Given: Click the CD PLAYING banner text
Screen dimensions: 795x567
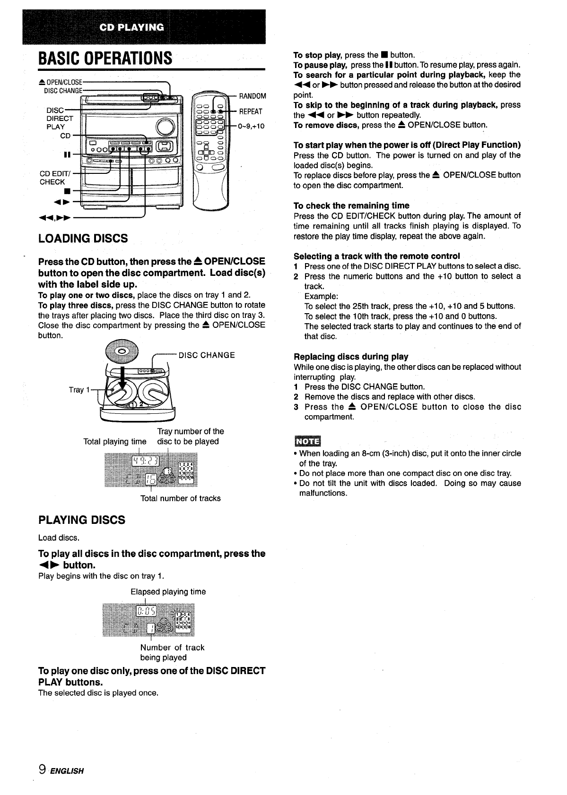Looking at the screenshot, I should pyautogui.click(x=132, y=27).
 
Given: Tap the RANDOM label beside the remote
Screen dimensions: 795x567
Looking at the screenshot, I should pyautogui.click(x=253, y=96).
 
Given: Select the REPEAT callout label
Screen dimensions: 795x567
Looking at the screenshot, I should pyautogui.click(x=251, y=111).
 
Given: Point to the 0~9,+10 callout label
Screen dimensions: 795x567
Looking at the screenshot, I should pyautogui.click(x=251, y=126).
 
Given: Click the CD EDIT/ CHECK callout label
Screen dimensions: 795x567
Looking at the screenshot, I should pyautogui.click(x=52, y=178).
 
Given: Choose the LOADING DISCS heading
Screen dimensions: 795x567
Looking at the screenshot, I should pyautogui.click(x=83, y=238).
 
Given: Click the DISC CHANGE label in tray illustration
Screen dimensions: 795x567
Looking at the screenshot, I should pyautogui.click(x=206, y=355).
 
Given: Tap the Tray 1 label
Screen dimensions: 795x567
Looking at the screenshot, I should pyautogui.click(x=76, y=390).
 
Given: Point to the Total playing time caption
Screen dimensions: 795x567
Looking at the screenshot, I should pyautogui.click(x=115, y=441).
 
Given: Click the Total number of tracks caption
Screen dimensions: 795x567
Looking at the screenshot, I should pyautogui.click(x=180, y=498).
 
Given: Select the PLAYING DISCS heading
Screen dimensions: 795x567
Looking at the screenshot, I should pyautogui.click(x=82, y=520).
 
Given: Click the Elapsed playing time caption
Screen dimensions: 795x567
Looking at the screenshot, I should pyautogui.click(x=168, y=591).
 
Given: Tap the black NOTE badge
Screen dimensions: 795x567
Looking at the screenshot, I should pyautogui.click(x=307, y=441).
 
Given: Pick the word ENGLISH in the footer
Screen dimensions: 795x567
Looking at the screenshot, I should pyautogui.click(x=67, y=771).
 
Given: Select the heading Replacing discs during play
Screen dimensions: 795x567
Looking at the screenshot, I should pyautogui.click(x=351, y=357).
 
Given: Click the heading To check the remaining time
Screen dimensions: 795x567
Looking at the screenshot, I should pyautogui.click(x=351, y=205).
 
